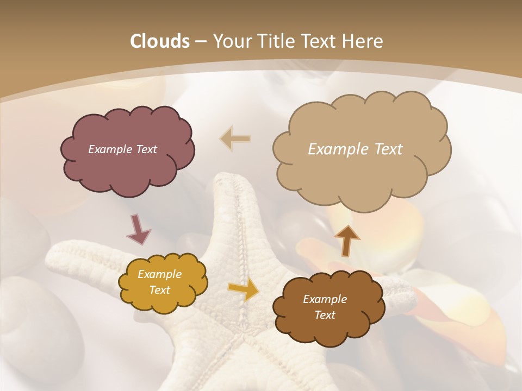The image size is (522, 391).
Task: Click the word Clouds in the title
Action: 159,41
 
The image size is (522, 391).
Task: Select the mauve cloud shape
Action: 126,163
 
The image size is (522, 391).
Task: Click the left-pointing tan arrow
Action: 235,139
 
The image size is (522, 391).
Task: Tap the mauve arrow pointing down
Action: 139,229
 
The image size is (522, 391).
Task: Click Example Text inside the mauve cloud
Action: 122,149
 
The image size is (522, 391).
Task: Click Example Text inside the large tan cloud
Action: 355,149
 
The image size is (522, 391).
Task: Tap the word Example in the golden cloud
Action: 159,274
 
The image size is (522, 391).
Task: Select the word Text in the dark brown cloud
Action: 325,315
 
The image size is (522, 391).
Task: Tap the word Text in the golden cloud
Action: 159,290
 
